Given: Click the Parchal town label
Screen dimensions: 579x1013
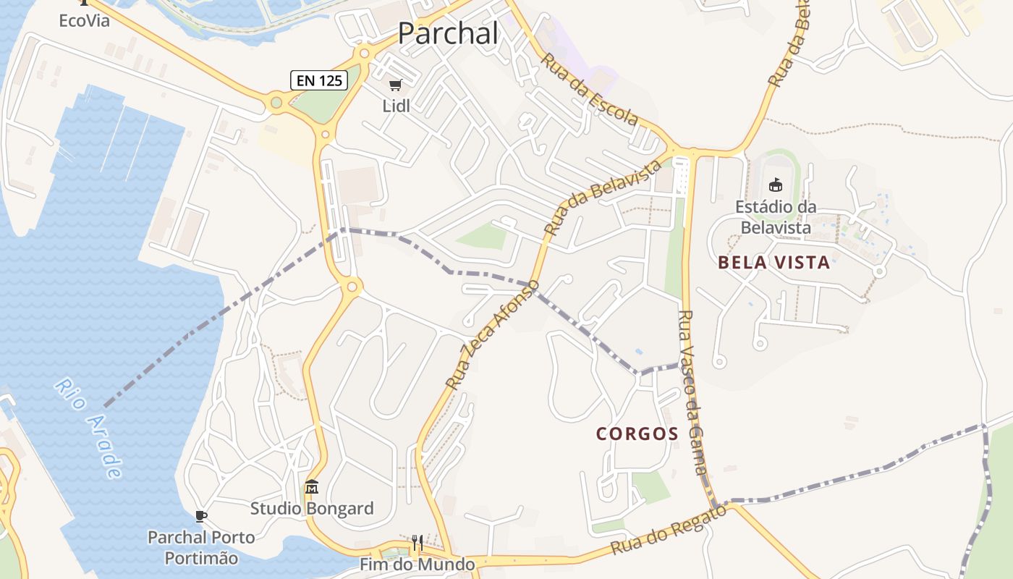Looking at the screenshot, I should [448, 33].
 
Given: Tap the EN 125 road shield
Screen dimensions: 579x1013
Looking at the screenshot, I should [319, 80].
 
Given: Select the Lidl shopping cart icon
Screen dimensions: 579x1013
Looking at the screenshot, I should [395, 85].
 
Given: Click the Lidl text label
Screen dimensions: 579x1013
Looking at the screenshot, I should [396, 106].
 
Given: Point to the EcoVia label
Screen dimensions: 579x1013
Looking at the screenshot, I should [84, 20].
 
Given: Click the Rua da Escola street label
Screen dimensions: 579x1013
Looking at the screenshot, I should [590, 90].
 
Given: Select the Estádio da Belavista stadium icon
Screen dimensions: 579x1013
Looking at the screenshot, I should [776, 185].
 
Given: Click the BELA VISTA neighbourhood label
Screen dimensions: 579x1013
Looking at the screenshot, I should [773, 262].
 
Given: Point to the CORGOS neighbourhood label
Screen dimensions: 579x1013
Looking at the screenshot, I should [637, 434].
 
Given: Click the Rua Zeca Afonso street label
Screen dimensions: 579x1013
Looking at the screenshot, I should [492, 334].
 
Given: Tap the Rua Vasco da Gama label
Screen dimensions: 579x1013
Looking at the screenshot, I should [692, 392].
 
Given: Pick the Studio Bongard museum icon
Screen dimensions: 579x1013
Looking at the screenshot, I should [312, 487].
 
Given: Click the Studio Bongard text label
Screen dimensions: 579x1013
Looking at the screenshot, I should [312, 508].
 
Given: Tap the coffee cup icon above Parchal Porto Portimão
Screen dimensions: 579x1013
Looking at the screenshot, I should [202, 516].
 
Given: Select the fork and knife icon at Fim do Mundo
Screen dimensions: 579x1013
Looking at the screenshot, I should [417, 543].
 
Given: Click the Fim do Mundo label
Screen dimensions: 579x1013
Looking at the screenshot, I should [418, 564].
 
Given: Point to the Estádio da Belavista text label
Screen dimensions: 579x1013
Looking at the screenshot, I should [776, 217].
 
